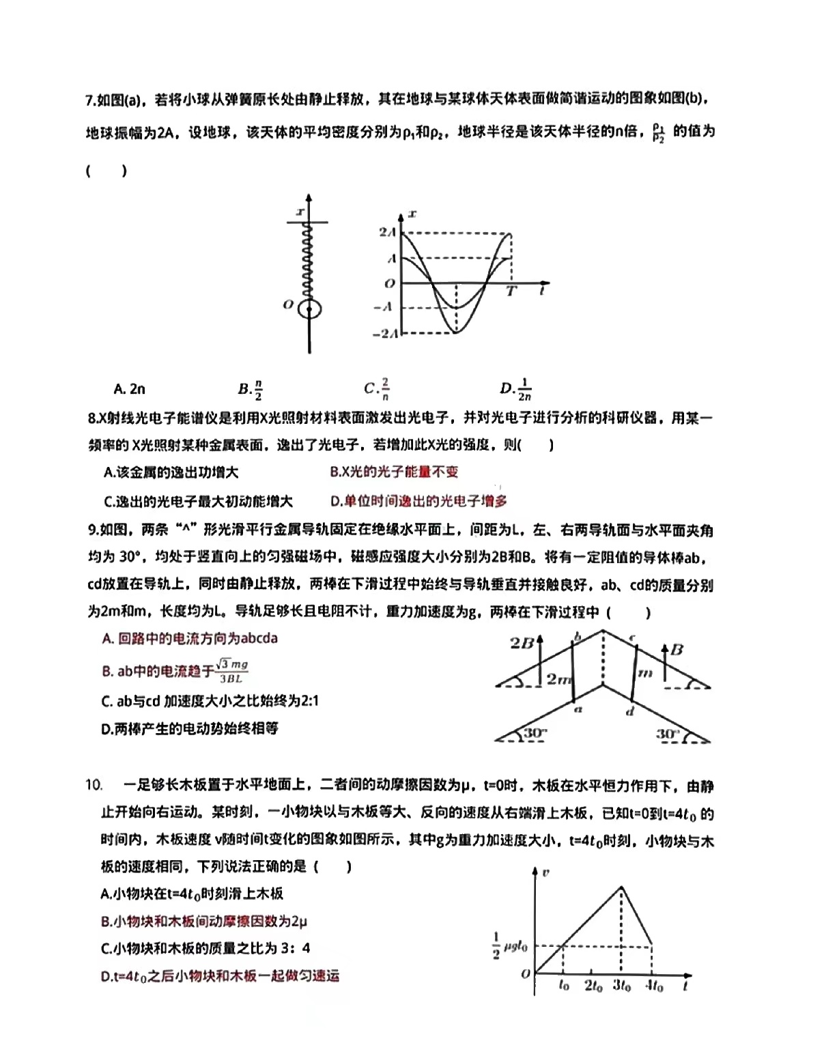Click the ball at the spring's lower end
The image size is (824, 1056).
tap(310, 309)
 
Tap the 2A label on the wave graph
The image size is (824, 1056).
tap(388, 233)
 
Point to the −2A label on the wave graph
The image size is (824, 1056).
tap(384, 333)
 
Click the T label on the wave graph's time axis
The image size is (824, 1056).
tap(511, 291)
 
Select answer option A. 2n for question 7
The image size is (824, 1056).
tap(130, 389)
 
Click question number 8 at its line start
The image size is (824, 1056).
tap(94, 418)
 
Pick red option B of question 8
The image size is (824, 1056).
tap(394, 472)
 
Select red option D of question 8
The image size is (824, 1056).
tap(418, 501)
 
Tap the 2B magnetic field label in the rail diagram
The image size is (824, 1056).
tap(522, 642)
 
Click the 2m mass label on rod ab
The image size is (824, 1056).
tap(558, 679)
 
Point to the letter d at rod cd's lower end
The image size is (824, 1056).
tap(630, 712)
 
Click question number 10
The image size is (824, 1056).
tap(94, 785)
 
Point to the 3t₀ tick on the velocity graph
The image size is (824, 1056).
tap(621, 986)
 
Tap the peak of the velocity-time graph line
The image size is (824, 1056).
tap(621, 887)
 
